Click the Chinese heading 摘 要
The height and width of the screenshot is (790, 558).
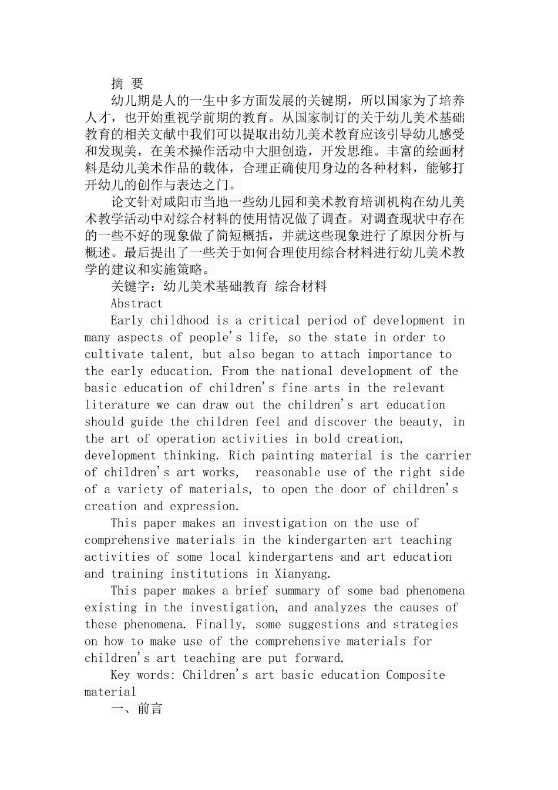click(127, 83)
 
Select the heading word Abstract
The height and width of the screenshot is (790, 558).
click(136, 303)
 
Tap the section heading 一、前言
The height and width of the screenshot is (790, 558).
click(136, 708)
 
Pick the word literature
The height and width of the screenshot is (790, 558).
click(117, 405)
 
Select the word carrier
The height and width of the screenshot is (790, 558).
click(449, 456)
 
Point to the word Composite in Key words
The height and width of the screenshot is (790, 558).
click(415, 675)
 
